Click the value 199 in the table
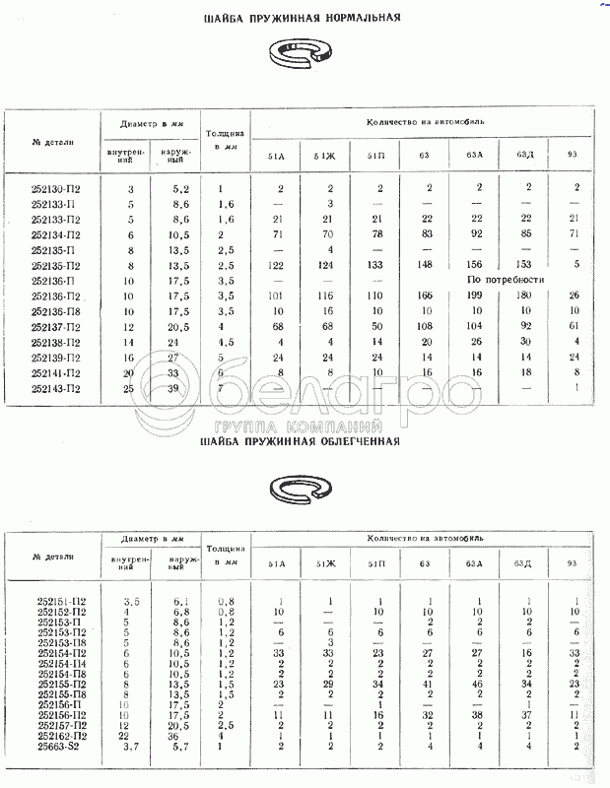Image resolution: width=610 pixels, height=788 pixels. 474,295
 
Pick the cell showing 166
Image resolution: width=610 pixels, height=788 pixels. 425,295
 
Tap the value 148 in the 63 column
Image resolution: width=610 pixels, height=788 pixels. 425,266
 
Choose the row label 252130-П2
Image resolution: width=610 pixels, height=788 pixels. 57,188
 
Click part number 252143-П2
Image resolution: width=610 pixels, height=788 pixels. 57,388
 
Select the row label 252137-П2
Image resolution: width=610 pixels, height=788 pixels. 57,327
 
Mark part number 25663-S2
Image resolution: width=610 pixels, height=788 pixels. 61,747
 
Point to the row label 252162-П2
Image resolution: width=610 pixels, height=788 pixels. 62,735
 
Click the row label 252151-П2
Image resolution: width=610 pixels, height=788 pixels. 62,600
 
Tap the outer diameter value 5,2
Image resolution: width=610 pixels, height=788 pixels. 180,188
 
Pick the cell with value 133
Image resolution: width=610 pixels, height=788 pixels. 375,266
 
